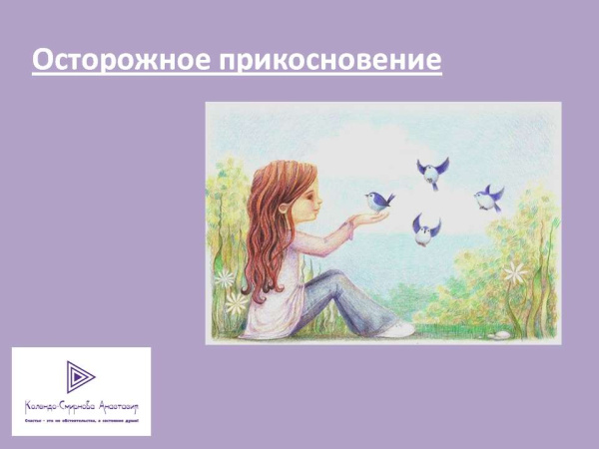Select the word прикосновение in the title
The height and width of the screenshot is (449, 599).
click(335, 61)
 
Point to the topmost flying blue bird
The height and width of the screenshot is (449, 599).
click(431, 171)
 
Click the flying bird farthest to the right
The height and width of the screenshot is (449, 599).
click(488, 197)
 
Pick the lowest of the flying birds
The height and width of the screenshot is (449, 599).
click(426, 230)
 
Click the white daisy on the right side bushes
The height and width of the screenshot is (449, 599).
click(514, 271)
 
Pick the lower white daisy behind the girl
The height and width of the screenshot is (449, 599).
click(236, 302)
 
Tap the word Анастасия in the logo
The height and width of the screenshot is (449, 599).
click(116, 406)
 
